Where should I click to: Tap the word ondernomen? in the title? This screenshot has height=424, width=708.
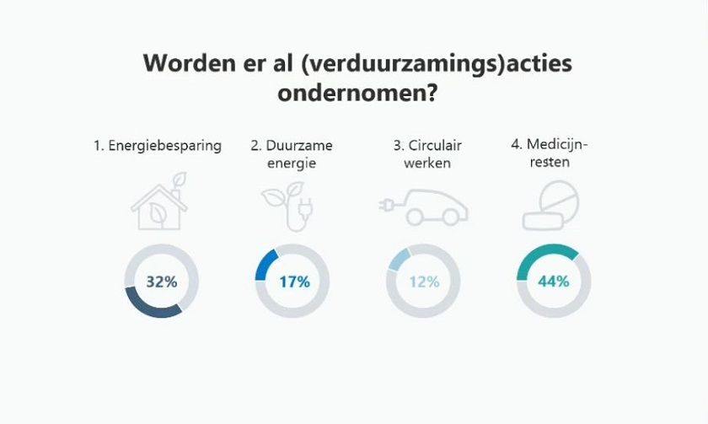click(x=357, y=94)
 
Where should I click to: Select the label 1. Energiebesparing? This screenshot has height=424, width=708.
click(x=158, y=146)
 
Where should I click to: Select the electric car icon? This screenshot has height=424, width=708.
click(x=426, y=207)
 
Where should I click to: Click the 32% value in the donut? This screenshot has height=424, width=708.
click(x=161, y=282)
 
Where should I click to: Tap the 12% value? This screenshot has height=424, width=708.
click(x=424, y=282)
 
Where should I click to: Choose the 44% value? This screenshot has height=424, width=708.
click(x=554, y=282)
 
